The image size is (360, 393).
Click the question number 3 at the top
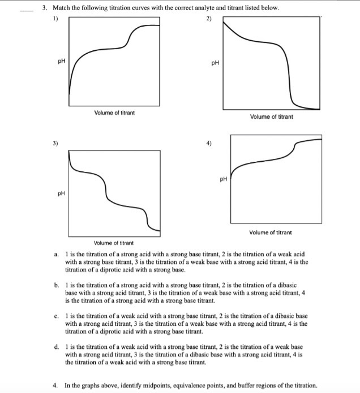pyautogui.click(x=44, y=9)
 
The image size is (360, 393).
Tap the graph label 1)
pyautogui.click(x=54, y=18)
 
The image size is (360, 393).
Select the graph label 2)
pyautogui.click(x=209, y=18)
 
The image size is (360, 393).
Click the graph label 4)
pyautogui.click(x=209, y=142)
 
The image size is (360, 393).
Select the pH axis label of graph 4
pyautogui.click(x=224, y=180)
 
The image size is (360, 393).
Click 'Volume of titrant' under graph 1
pyautogui.click(x=114, y=113)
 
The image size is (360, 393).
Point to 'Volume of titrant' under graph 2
pyautogui.click(x=271, y=116)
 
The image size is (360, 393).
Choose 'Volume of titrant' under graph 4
pyautogui.click(x=271, y=232)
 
